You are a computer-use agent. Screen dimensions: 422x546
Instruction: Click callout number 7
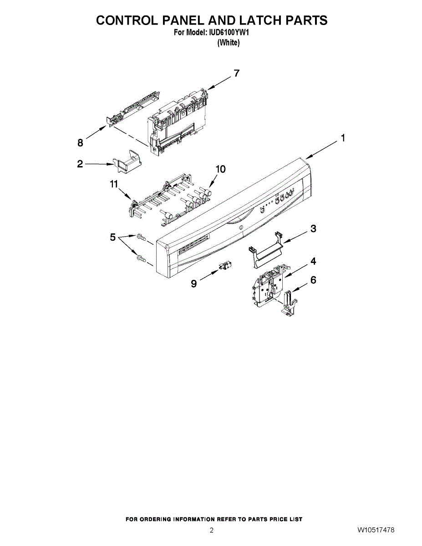point(236,73)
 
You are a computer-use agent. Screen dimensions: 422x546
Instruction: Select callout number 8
point(80,143)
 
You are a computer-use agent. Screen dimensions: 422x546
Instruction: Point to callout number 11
point(113,184)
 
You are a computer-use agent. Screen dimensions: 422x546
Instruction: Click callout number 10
point(220,169)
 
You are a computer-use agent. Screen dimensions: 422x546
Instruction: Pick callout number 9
point(194,284)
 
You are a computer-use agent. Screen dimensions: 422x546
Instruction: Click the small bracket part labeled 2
point(127,161)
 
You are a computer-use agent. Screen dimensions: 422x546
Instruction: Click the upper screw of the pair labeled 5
point(141,236)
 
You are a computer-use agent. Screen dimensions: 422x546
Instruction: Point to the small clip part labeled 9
point(226,267)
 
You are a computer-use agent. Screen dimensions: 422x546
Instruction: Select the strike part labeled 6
point(288,303)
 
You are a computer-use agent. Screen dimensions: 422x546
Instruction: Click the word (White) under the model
point(228,43)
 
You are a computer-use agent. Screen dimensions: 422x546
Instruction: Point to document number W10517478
point(376,530)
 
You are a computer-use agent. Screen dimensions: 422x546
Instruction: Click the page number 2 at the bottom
point(211,530)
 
